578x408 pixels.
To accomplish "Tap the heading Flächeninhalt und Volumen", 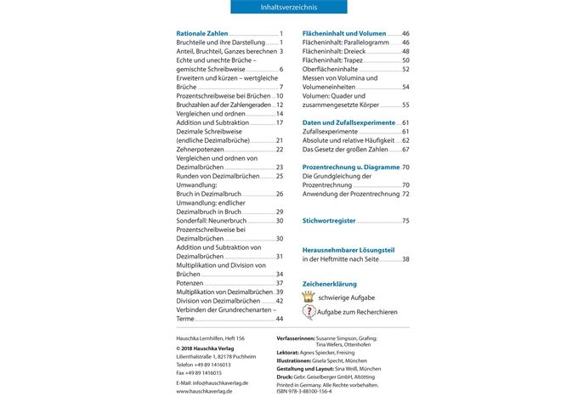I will [x=343, y=33].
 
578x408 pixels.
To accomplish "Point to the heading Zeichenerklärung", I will [x=330, y=283].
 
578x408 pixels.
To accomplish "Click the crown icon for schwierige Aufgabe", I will [x=309, y=297].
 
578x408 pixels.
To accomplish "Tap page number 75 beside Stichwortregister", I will [x=405, y=220].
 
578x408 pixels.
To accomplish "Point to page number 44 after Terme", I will [x=279, y=319].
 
